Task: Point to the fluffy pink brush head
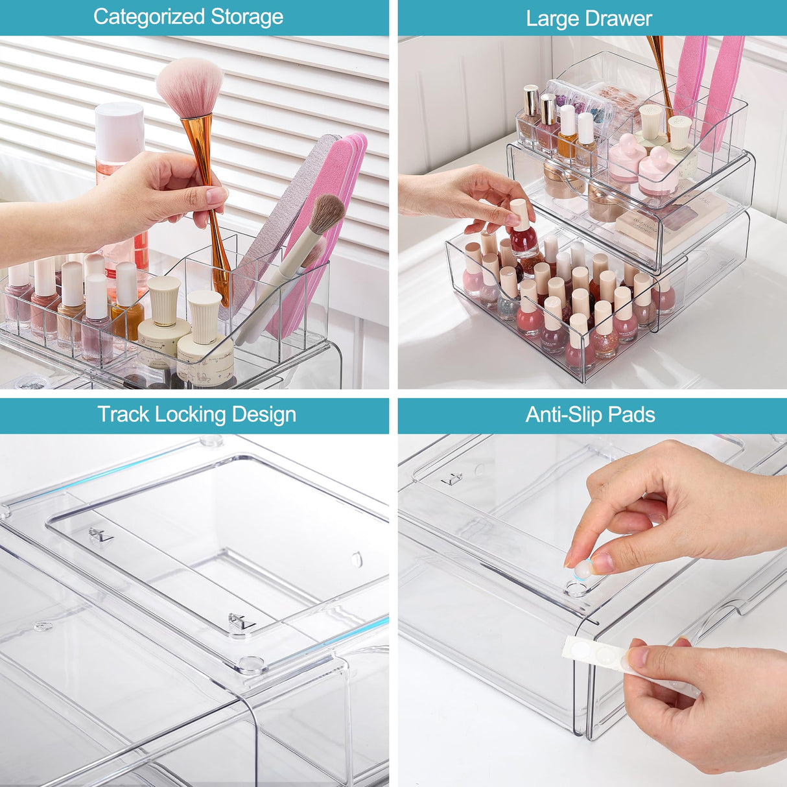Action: pos(190,88)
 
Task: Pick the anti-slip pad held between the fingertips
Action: pos(583,569)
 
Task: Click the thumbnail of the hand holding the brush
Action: pos(217,195)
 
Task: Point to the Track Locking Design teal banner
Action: pos(194,416)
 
